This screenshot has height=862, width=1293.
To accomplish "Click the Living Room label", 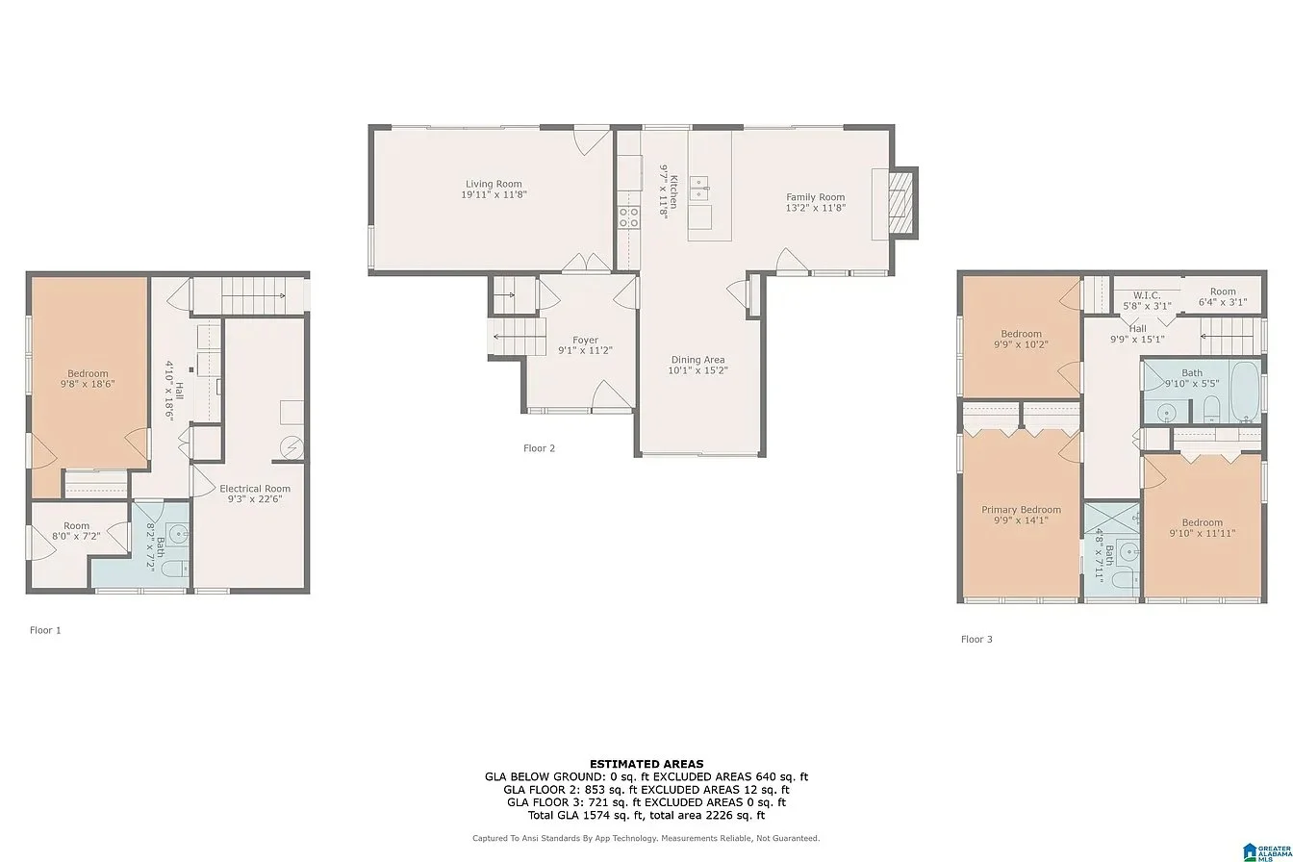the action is pos(494,184).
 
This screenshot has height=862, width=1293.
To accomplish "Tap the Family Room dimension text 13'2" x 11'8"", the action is pos(815,208).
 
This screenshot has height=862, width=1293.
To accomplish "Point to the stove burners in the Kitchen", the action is pos(629,217).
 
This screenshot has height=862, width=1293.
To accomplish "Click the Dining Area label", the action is pos(697,360).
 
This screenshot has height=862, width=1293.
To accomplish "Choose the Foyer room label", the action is pos(585,340).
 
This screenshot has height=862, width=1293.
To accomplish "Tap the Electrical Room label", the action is pos(255,489).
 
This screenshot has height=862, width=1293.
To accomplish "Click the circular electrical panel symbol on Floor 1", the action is pos(292,448).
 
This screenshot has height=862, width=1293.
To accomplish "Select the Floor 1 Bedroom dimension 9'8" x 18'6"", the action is pos(88,383).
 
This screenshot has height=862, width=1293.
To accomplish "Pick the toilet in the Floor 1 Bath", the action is pos(175,570).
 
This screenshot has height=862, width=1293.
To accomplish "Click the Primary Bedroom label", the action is pos(1021,509).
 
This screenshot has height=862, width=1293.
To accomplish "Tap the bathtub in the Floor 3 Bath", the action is pos(1245,392).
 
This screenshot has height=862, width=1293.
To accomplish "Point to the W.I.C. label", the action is pos(1146,295).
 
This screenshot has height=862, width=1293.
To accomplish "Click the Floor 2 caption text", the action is pos(539,448).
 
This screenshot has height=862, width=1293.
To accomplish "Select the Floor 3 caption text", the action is pos(976,639).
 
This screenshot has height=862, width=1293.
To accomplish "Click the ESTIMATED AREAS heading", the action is pos(646,764).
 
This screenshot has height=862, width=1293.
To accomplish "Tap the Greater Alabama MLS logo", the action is pos(1268,851).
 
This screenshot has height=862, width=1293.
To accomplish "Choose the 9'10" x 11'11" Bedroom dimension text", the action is pos(1203,534).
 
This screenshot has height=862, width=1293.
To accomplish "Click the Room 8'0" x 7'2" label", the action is pos(76,531).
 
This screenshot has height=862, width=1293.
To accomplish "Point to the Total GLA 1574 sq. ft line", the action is pos(646,815).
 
